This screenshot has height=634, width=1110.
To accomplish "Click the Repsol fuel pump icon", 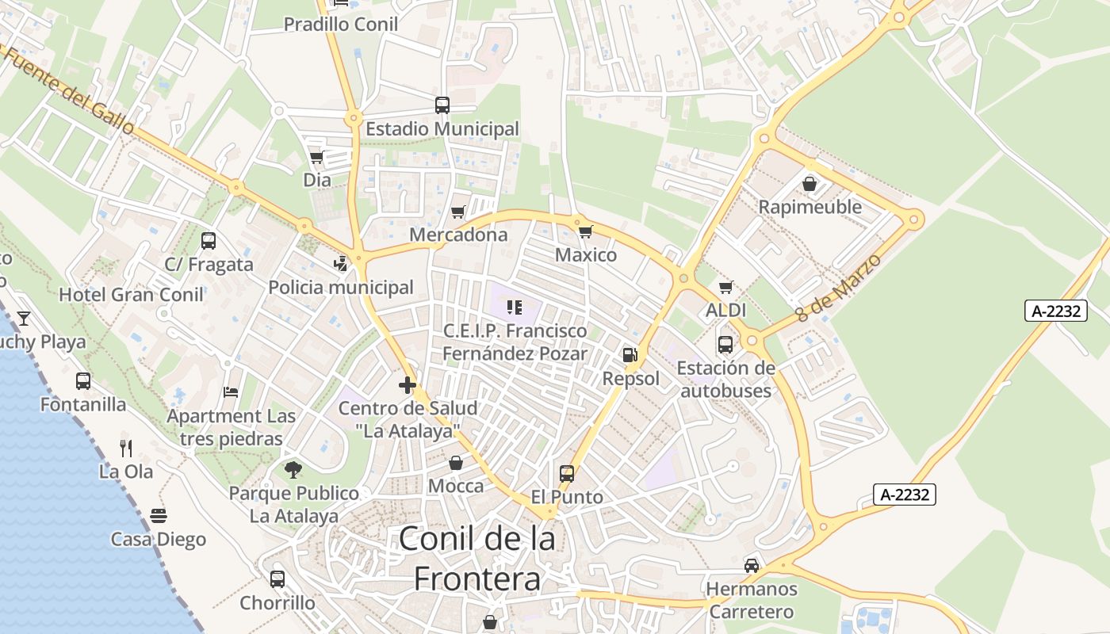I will tap(630, 355).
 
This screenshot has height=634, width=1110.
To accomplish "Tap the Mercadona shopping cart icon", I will tap(457, 212).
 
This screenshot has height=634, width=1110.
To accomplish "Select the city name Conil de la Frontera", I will tap(477, 559).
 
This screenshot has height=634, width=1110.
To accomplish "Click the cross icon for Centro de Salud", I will tap(408, 386).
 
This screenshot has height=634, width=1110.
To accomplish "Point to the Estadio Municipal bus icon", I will tap(442, 105).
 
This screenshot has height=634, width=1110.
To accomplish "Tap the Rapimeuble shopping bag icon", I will tap(810, 184).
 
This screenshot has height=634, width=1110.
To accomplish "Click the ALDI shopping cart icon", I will tap(725, 287).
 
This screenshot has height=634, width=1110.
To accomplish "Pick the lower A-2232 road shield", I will tap(905, 495).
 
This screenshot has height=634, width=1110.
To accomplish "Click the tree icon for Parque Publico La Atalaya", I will tap(293, 470).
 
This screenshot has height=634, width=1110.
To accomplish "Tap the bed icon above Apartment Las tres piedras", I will tap(231, 392).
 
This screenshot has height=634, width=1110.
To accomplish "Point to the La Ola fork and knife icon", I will tap(126, 449).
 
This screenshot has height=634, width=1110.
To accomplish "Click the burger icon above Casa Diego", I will tap(159, 516).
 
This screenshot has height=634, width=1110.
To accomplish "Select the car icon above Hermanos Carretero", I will tap(751, 566).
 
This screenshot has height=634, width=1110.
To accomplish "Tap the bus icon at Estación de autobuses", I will tap(725, 345).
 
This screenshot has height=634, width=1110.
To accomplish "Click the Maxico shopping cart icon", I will tap(585, 231).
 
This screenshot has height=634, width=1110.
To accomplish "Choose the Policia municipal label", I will tap(341, 287).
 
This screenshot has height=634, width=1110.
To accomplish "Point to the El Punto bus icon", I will tap(567, 474).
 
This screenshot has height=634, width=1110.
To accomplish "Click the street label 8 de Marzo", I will tap(840, 288).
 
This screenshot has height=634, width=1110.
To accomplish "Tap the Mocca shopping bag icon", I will tap(456, 463).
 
